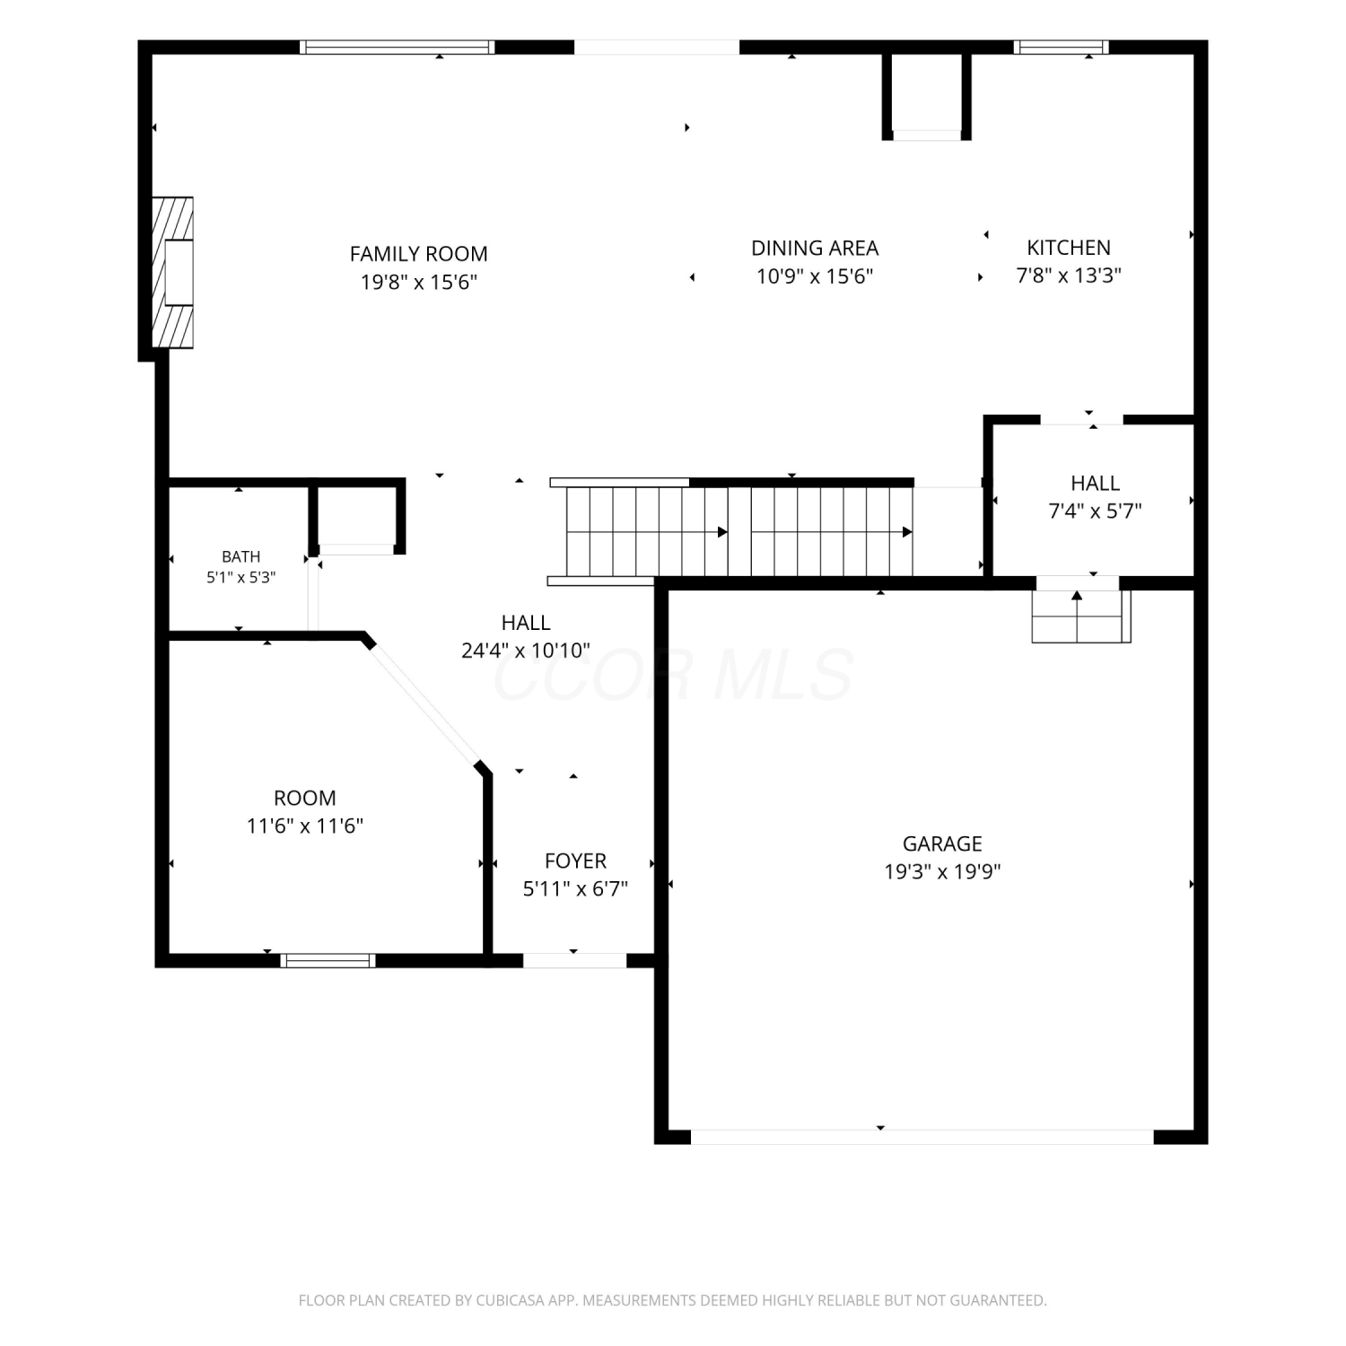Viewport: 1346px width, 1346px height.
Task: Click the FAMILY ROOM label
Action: tap(418, 254)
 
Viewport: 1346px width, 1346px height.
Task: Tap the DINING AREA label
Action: tap(815, 248)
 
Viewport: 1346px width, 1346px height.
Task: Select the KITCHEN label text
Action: tap(1069, 248)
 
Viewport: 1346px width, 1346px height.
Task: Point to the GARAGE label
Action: tap(942, 843)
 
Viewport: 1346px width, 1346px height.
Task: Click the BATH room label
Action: tap(241, 557)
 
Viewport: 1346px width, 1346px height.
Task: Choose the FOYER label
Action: tap(575, 861)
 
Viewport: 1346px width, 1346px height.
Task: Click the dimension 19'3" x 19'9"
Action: tap(942, 871)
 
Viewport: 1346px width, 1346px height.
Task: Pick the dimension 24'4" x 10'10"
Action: tap(526, 651)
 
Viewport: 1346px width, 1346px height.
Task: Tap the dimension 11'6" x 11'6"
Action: tap(305, 826)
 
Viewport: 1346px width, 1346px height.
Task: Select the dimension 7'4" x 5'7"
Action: tap(1095, 511)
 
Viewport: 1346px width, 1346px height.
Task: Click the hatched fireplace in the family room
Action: tap(172, 273)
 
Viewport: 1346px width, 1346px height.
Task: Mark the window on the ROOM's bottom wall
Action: tap(328, 960)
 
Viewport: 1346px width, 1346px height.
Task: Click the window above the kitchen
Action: tap(1062, 48)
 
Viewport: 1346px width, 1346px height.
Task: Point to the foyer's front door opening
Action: tap(574, 960)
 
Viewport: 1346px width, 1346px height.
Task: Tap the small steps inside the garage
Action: tap(1081, 616)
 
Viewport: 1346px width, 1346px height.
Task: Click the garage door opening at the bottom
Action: tap(922, 1137)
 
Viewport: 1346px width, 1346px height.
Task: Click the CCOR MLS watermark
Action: tap(673, 675)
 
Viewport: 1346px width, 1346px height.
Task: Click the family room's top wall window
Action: tap(398, 48)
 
